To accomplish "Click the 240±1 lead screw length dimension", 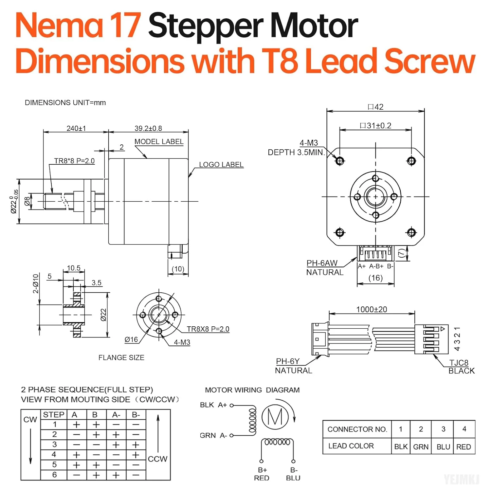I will tap(76, 128).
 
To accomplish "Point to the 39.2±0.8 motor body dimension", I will tap(148, 128).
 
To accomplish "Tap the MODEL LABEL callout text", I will tap(159, 142).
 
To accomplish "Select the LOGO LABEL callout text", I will tap(221, 165).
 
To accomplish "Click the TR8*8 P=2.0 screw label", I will tap(74, 161).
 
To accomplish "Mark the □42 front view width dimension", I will tap(375, 107).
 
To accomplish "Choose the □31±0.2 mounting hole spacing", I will tap(375, 126).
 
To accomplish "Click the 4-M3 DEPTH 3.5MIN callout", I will tap(296, 148).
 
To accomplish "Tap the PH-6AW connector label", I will tap(322, 263).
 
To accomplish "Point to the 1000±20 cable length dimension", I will tap(372, 309).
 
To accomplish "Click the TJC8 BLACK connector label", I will tap(461, 367).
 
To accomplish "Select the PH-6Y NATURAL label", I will tap(293, 366).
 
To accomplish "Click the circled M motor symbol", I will tap(275, 417).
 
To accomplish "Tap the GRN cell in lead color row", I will tap(421, 447).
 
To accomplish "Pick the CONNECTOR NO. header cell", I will tap(357, 429).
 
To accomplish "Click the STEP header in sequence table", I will tap(54, 415).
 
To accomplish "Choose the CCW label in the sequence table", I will tap(157, 459).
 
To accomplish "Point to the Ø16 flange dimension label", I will tap(131, 340).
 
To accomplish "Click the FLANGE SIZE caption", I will tap(121, 358).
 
